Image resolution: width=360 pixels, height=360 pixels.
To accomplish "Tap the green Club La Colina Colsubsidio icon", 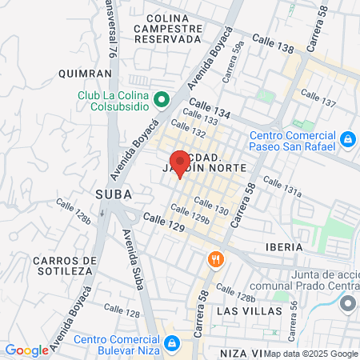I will point(161,99).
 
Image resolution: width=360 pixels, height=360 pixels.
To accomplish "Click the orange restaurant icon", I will point(214,259).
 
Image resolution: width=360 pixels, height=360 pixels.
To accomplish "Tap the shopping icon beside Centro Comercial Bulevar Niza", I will point(171,343).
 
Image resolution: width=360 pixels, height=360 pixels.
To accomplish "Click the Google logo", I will point(26,350).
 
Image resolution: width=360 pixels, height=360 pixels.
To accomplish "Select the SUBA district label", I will point(113,194).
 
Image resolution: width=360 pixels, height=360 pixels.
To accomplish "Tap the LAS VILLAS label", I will point(250,310).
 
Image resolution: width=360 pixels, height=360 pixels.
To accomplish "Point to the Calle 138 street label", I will point(273,43).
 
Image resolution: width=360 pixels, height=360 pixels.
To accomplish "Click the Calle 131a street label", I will point(282,189).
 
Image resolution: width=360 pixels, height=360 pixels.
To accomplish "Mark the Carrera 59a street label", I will point(233,63).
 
